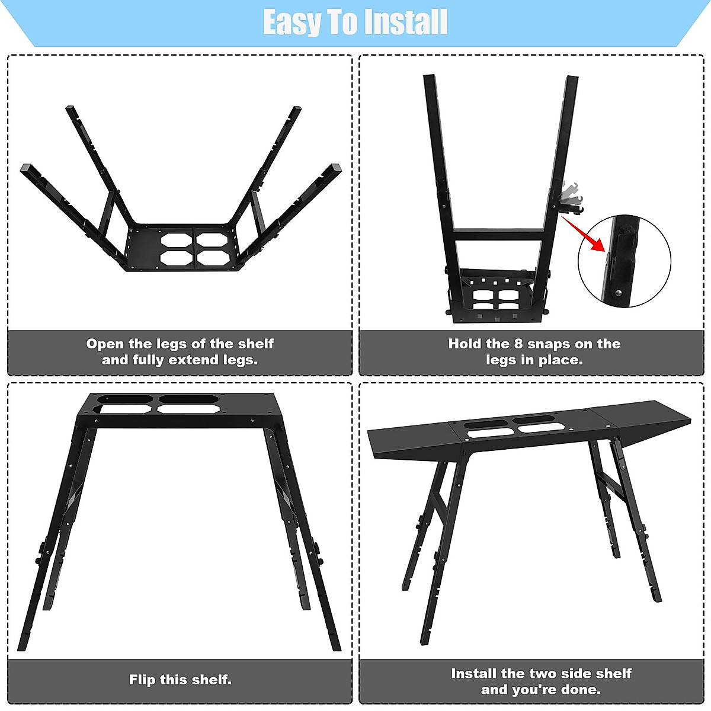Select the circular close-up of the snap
pyautogui.click(x=624, y=261)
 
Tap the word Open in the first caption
pyautogui.click(x=105, y=344)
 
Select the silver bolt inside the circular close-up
pyautogui.click(x=618, y=292)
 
